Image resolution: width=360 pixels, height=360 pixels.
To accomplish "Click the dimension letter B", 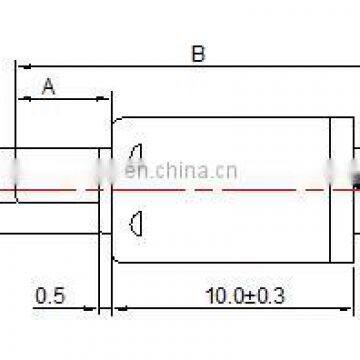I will [x=198, y=54].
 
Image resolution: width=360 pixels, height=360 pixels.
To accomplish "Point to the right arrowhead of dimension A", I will [x=105, y=99].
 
